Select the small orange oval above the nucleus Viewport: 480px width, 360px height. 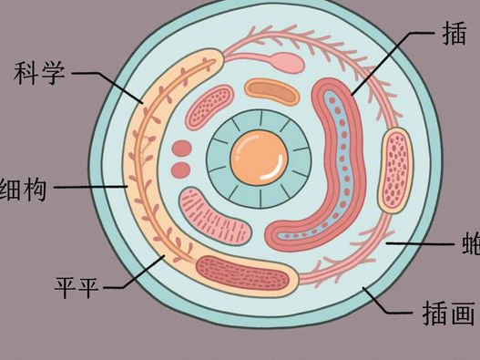click(272, 89)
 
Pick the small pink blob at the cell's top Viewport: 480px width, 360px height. click(287, 62)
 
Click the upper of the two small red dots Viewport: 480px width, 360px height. click(181, 149)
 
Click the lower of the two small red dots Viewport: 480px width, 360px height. click(181, 170)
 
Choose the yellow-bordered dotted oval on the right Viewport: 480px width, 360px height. click(393, 170)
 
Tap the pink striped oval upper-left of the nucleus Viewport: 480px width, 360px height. click(209, 108)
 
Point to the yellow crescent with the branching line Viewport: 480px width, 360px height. click(146, 164)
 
